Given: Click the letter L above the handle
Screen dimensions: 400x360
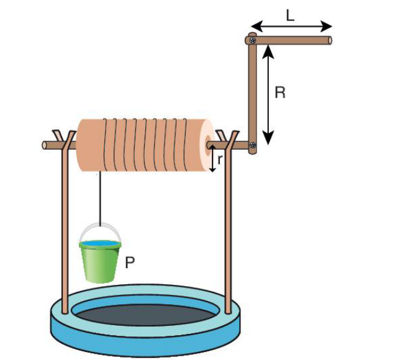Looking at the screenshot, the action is click(x=290, y=16).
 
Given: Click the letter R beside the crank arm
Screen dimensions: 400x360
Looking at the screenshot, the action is click(x=280, y=92).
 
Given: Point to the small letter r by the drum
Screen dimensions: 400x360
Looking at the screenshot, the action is click(x=220, y=160).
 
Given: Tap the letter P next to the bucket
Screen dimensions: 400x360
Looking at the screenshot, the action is click(x=130, y=263).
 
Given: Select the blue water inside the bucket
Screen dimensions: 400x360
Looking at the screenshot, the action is click(x=100, y=243).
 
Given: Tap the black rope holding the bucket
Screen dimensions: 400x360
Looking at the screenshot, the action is click(x=100, y=199).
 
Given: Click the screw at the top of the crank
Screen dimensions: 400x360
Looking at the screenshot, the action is click(x=253, y=40).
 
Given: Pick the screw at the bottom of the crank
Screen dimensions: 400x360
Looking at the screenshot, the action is click(x=253, y=145).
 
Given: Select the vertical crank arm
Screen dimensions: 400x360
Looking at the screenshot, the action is click(x=253, y=93).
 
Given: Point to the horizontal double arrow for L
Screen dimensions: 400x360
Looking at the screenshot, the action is click(x=291, y=26).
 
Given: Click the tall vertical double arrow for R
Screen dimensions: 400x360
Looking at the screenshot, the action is click(x=268, y=94).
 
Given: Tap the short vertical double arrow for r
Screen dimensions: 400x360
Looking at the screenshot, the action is click(x=212, y=158).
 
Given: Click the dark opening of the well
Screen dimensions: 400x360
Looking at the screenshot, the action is click(x=145, y=315).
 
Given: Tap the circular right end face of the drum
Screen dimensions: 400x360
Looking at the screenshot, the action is click(x=207, y=145).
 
